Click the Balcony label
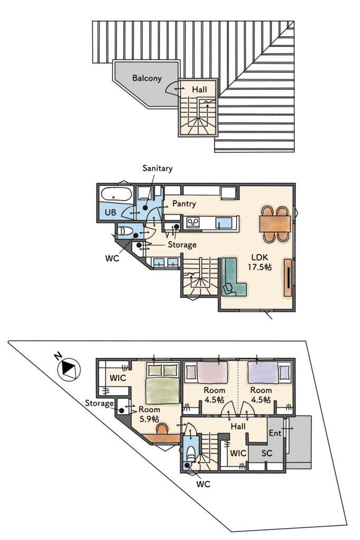(x=147, y=78)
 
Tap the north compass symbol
(x=69, y=369)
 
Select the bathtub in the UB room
(x=116, y=194)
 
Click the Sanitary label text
(x=157, y=168)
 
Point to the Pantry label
(x=184, y=204)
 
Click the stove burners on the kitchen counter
(x=193, y=223)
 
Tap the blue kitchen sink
(x=223, y=223)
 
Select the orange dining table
(x=275, y=224)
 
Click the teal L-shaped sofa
(x=232, y=277)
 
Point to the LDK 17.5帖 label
(x=259, y=262)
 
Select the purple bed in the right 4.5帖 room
(x=264, y=372)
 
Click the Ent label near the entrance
(x=275, y=433)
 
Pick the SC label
(x=267, y=453)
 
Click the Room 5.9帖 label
(x=149, y=414)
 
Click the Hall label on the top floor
(x=199, y=90)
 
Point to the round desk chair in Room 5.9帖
(x=162, y=428)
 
